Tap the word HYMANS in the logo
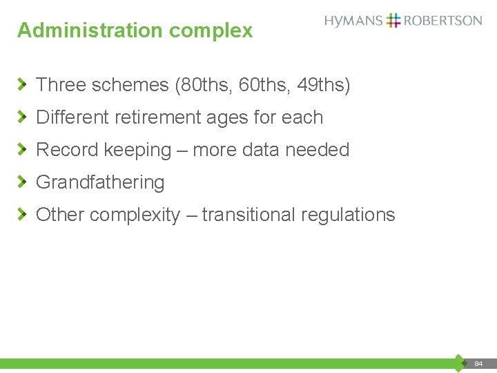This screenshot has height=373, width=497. click(x=353, y=21)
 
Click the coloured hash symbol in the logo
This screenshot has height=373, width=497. click(x=393, y=20)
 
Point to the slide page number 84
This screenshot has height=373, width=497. click(x=478, y=363)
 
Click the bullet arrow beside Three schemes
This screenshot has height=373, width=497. click(x=23, y=84)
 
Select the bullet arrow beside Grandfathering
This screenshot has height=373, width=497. click(x=23, y=182)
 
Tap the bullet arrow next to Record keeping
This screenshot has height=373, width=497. click(x=23, y=149)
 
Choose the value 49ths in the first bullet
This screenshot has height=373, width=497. click(x=323, y=85)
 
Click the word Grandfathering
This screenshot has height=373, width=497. click(x=100, y=183)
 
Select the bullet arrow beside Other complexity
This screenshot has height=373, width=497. click(x=23, y=214)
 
